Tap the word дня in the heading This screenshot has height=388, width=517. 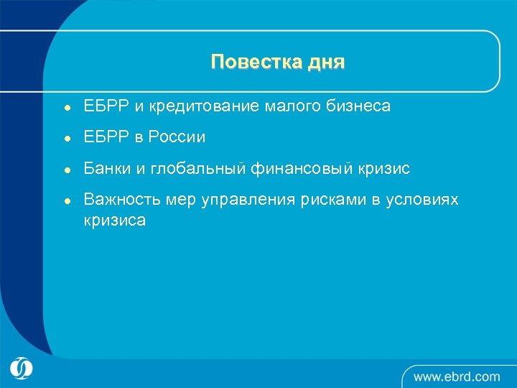[325, 63]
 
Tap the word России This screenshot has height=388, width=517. [177, 137]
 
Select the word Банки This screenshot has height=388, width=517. [106, 168]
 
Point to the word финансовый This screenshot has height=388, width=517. [301, 168]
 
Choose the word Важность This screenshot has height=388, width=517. [122, 199]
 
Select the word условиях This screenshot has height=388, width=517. [424, 199]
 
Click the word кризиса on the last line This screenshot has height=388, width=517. [115, 220]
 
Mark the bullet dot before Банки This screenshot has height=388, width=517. [65, 170]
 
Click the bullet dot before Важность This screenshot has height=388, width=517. [65, 200]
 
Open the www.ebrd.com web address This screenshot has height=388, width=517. [456, 376]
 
